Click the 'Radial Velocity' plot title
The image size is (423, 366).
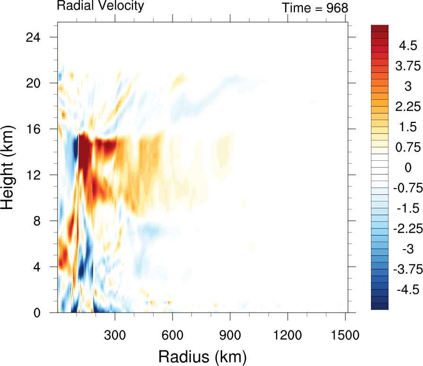click(100, 6)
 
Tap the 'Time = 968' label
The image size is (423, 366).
click(315, 8)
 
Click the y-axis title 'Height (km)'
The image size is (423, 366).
click(9, 175)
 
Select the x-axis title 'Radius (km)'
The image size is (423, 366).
click(202, 356)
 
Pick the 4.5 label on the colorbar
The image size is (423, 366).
click(407, 46)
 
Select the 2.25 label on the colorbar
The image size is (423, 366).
click(407, 107)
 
